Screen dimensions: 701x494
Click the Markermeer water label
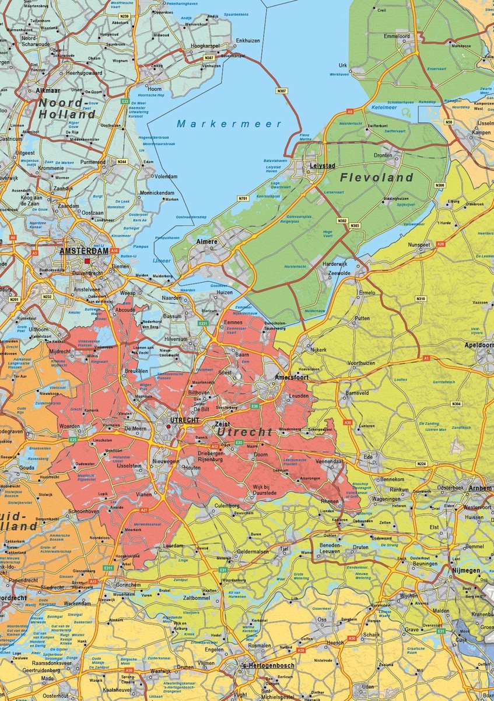coord(229,124)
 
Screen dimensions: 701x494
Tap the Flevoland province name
coord(377,177)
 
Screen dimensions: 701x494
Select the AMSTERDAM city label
coord(84,251)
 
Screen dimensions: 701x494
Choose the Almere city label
coord(208,241)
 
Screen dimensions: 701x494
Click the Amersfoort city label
coord(292,378)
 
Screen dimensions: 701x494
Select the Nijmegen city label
coord(465,570)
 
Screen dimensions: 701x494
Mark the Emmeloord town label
coord(397,36)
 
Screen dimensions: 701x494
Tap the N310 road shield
coord(421,299)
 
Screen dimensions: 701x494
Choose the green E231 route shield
coord(203,323)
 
